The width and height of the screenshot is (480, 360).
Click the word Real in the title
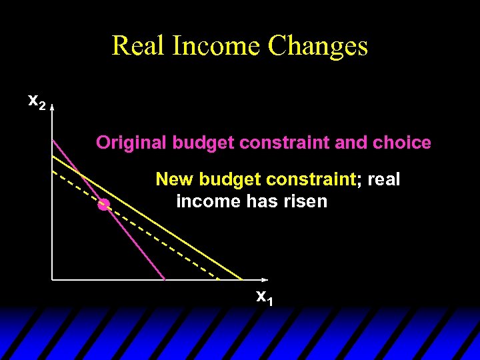(x=138, y=46)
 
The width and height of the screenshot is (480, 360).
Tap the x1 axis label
(x=265, y=297)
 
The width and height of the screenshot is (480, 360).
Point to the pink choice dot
(x=103, y=205)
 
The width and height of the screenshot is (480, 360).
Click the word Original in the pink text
(x=131, y=143)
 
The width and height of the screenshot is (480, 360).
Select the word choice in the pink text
(x=405, y=143)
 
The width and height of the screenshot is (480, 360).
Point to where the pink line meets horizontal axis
(x=165, y=279)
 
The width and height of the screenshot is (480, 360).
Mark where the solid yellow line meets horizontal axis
(x=243, y=279)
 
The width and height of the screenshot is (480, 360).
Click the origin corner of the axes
(x=52, y=279)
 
